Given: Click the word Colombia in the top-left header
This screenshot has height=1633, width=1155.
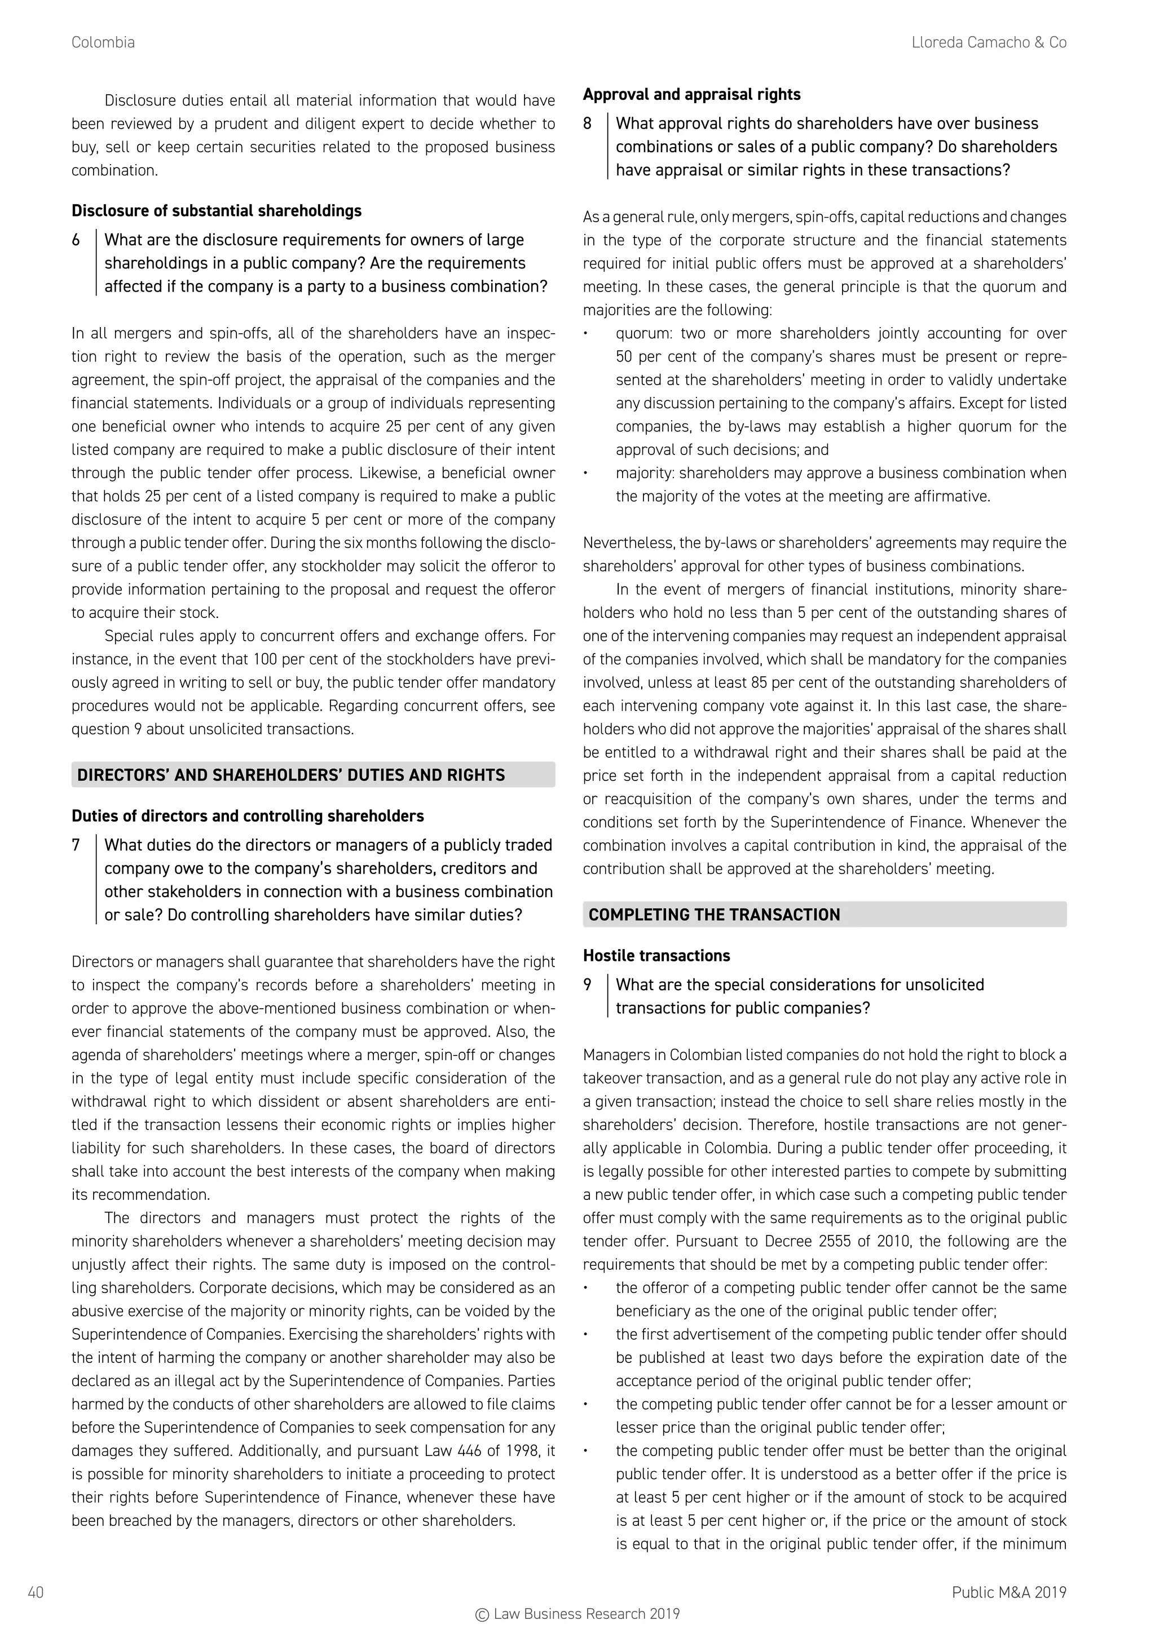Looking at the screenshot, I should click(x=103, y=43).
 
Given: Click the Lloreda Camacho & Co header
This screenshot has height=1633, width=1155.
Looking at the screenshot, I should click(x=989, y=43).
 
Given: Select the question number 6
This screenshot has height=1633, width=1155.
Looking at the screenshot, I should click(x=76, y=240).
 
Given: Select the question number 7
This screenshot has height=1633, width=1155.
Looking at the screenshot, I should click(x=76, y=846).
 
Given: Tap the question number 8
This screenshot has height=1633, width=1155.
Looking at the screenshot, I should click(x=588, y=123).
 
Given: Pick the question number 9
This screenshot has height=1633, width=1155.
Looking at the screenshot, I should click(x=588, y=985).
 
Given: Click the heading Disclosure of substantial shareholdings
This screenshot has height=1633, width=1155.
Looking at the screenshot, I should click(x=216, y=211).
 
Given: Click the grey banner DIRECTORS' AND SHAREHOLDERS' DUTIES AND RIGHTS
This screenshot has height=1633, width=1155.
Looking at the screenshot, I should click(x=313, y=775).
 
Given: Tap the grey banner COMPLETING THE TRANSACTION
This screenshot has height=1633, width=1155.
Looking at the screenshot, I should click(x=825, y=915).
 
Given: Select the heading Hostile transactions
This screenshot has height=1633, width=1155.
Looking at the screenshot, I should click(x=656, y=956).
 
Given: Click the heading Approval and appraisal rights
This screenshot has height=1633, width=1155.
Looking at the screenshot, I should click(x=691, y=95).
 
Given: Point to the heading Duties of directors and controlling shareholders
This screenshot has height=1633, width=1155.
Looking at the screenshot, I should click(x=248, y=816).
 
